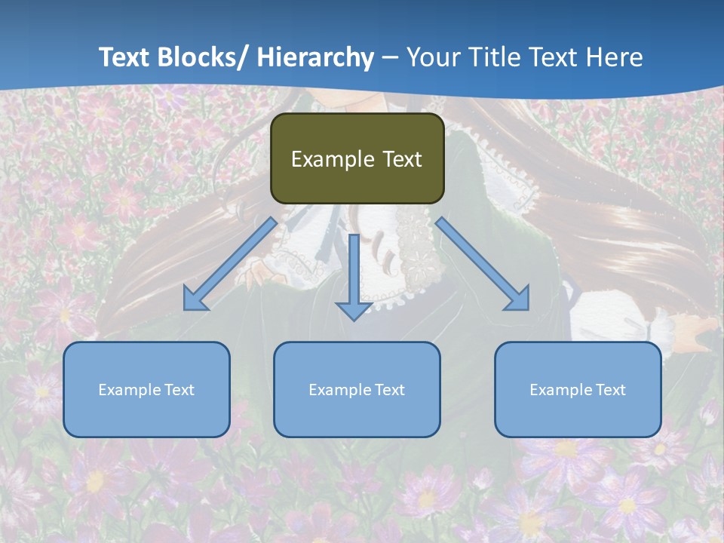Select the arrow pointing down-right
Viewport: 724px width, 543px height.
pos(483,264)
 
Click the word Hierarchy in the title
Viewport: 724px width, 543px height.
pos(314,57)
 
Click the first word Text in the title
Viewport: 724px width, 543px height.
pos(126,57)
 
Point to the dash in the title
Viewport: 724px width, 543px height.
pos(390,58)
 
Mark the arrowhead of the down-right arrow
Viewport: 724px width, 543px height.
pos(518,299)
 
